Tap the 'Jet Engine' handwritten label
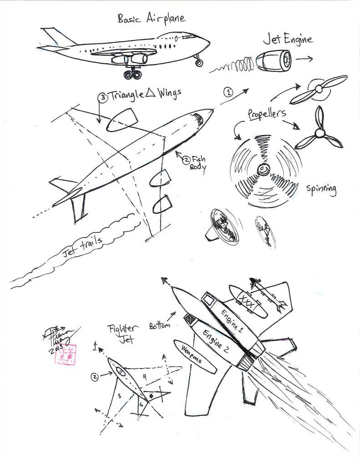click(x=288, y=40)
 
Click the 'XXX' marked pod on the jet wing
click(x=248, y=301)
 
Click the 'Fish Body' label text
click(x=197, y=163)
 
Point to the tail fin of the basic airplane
click(x=57, y=36)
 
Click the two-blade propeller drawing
click(x=318, y=89)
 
